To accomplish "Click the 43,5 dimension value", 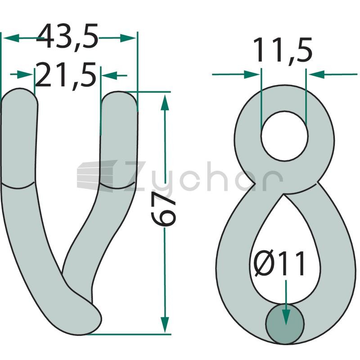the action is point(67,36).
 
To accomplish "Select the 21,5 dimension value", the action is point(65,75).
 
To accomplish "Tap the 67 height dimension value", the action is point(163,208).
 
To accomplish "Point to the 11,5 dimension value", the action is point(283,50).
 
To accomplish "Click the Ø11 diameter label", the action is point(279,264).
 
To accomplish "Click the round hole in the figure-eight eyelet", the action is point(284,136).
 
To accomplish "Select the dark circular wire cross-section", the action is point(285,324).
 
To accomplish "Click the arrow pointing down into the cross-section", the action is point(286,302).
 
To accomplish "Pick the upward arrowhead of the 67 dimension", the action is point(165,103).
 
